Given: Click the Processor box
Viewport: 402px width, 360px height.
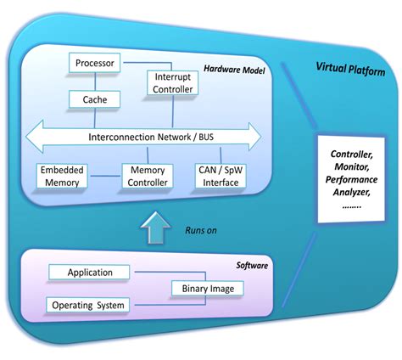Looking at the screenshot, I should click(95, 63).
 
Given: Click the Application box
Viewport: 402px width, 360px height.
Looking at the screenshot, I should click(91, 273).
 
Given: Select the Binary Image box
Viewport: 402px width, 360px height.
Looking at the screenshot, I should click(208, 289).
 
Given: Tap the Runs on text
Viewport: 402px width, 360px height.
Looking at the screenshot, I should click(202, 228).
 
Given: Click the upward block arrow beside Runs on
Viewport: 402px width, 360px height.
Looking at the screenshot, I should click(154, 228).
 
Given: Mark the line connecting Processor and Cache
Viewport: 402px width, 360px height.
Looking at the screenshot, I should click(95, 82).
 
